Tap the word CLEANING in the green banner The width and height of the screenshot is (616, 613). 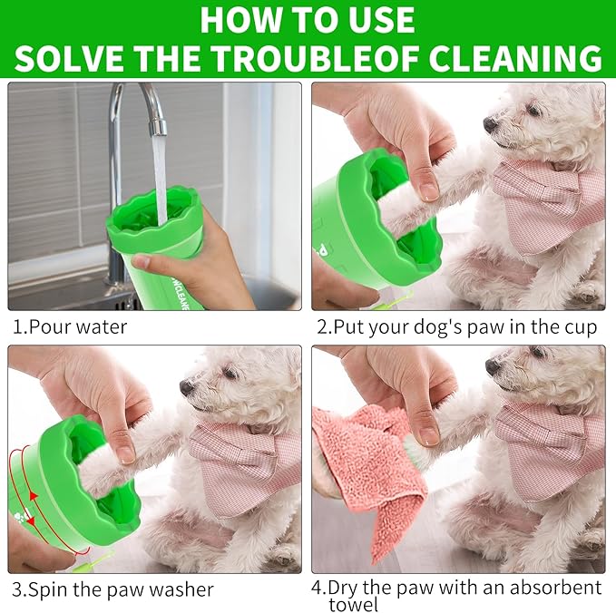(514, 57)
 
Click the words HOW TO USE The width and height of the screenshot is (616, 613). (308, 19)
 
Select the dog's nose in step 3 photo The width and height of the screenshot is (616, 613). (186, 386)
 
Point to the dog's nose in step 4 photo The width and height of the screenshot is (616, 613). (492, 366)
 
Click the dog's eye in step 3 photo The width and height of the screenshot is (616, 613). (230, 373)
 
